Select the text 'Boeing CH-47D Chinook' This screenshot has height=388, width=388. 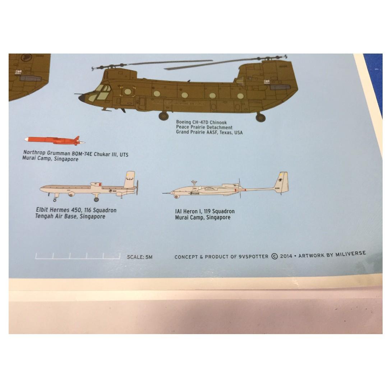201,123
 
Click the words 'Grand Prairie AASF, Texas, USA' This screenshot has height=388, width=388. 209,132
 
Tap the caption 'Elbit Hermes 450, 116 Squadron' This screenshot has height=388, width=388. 76,210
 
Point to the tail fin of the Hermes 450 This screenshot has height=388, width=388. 130,180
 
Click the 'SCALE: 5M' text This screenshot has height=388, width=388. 140,257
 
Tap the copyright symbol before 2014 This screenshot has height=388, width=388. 275,256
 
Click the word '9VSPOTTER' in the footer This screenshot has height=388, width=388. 253,257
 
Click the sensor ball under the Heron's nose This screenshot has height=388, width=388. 176,197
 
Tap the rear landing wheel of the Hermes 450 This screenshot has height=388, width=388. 96,200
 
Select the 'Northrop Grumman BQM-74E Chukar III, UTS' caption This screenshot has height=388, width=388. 75,154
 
